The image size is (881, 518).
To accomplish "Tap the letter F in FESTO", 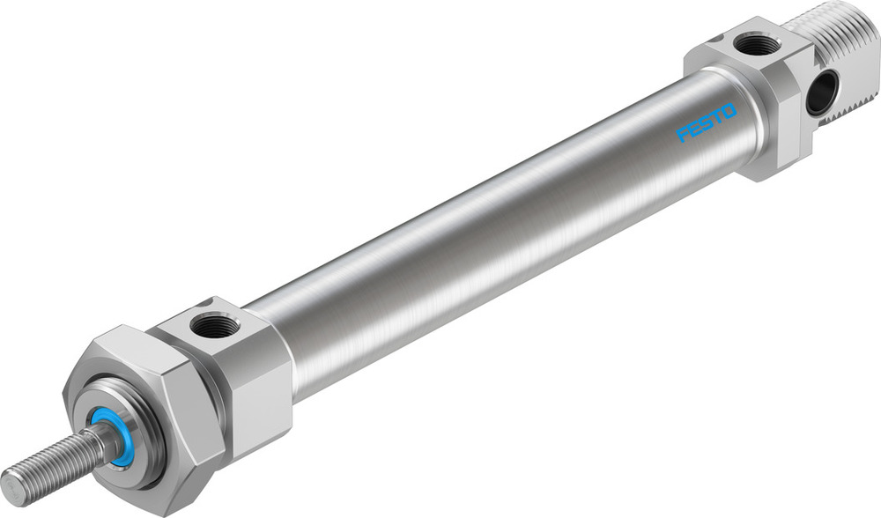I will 682,135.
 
